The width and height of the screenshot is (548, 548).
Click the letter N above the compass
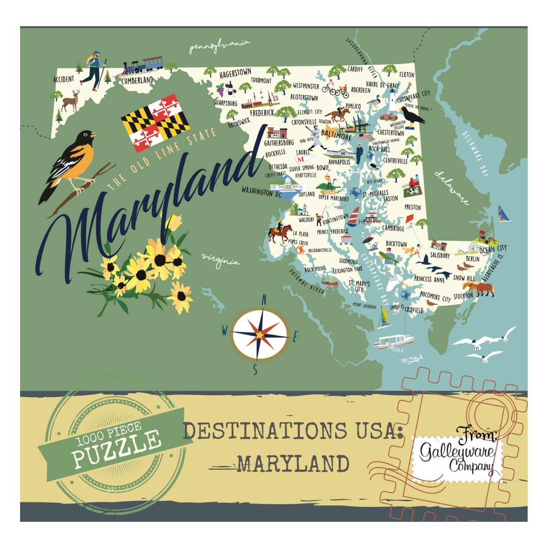click(263, 300)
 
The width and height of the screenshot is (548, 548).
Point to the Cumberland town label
click(137, 80)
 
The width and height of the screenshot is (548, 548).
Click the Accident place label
click(63, 79)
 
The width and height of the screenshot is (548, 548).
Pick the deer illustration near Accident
click(71, 100)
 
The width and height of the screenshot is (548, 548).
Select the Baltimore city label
click(337, 137)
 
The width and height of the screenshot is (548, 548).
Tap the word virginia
click(220, 260)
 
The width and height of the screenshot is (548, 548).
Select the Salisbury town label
click(440, 256)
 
